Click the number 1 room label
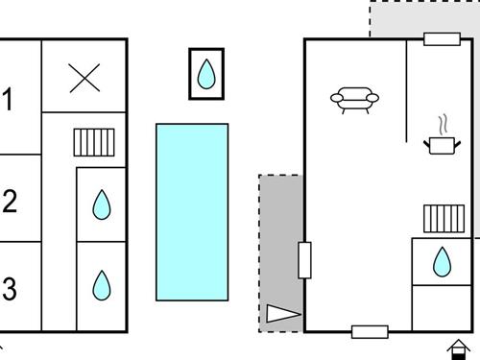(9, 99)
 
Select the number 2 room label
(10, 202)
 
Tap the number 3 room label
(10, 288)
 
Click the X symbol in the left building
(85, 78)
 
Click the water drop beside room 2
(101, 204)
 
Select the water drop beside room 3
(101, 285)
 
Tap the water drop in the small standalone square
(205, 74)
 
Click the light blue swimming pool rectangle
(192, 211)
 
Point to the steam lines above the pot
(442, 125)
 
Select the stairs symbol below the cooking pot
(444, 218)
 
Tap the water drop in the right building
(442, 261)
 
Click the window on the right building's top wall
(442, 39)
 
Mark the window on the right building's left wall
(305, 260)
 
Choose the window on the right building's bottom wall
(370, 332)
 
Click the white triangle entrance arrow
(283, 313)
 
